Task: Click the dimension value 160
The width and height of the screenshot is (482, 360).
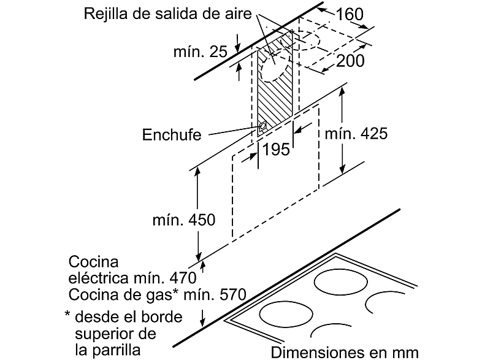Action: click(350, 14)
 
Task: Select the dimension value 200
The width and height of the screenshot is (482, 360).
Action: click(350, 61)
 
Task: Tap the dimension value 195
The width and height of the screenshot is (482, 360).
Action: click(276, 150)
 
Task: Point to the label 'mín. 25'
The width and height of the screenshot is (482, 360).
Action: click(201, 52)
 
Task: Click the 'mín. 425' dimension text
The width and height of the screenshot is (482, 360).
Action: click(356, 134)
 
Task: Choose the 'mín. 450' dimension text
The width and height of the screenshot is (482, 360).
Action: click(184, 220)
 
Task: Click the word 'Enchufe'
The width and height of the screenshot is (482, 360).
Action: click(172, 135)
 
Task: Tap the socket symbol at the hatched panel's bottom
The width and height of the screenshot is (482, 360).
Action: click(262, 126)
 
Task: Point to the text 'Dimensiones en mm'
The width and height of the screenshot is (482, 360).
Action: click(345, 352)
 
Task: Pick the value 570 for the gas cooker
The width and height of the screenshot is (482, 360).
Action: click(232, 294)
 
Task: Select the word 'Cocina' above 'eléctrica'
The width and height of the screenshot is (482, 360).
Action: click(93, 262)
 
